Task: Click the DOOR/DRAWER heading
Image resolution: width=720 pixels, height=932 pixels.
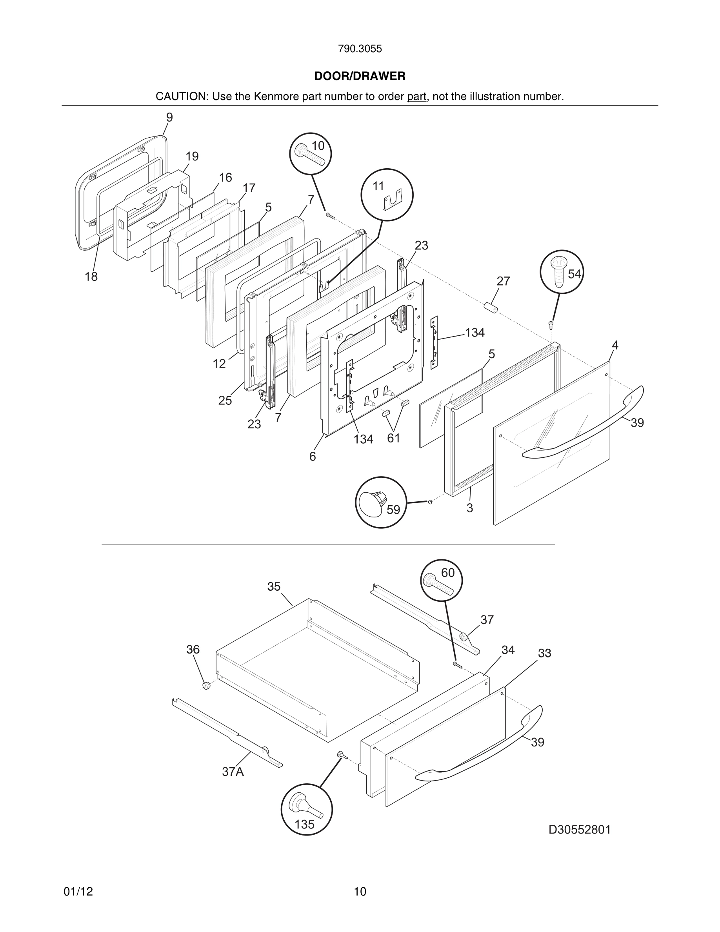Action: click(x=360, y=76)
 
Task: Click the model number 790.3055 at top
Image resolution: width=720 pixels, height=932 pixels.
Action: click(x=360, y=49)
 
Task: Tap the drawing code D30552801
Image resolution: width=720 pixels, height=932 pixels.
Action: click(x=579, y=829)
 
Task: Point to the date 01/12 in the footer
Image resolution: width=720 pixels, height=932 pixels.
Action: click(x=78, y=892)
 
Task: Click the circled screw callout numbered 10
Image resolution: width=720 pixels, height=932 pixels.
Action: click(x=311, y=154)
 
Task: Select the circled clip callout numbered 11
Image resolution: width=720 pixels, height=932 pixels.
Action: click(x=387, y=195)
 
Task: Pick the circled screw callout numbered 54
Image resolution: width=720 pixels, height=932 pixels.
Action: click(x=561, y=271)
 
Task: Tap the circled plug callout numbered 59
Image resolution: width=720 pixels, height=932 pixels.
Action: click(x=380, y=502)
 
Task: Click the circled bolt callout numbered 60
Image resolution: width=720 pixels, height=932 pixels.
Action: click(x=441, y=580)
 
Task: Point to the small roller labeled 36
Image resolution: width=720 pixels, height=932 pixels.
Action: click(x=206, y=686)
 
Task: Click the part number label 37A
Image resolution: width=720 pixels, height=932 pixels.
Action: click(x=233, y=772)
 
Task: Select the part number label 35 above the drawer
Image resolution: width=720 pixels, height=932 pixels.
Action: click(x=274, y=587)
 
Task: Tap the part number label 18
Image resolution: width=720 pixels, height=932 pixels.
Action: click(x=91, y=277)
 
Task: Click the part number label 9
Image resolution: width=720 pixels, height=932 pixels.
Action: click(x=169, y=118)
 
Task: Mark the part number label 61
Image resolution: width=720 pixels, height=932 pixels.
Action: click(x=393, y=438)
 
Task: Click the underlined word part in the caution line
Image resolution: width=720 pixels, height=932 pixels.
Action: click(x=416, y=96)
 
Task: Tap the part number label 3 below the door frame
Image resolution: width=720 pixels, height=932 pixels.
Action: click(x=470, y=508)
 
